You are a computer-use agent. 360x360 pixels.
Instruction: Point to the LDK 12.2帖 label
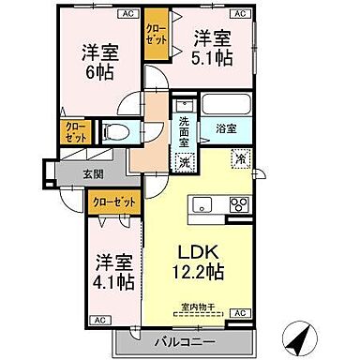click(200, 262)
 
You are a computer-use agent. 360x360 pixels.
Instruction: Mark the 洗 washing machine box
click(185, 161)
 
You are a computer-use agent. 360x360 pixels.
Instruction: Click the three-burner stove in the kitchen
click(235, 203)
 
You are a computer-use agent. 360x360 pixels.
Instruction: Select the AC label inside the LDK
click(240, 312)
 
